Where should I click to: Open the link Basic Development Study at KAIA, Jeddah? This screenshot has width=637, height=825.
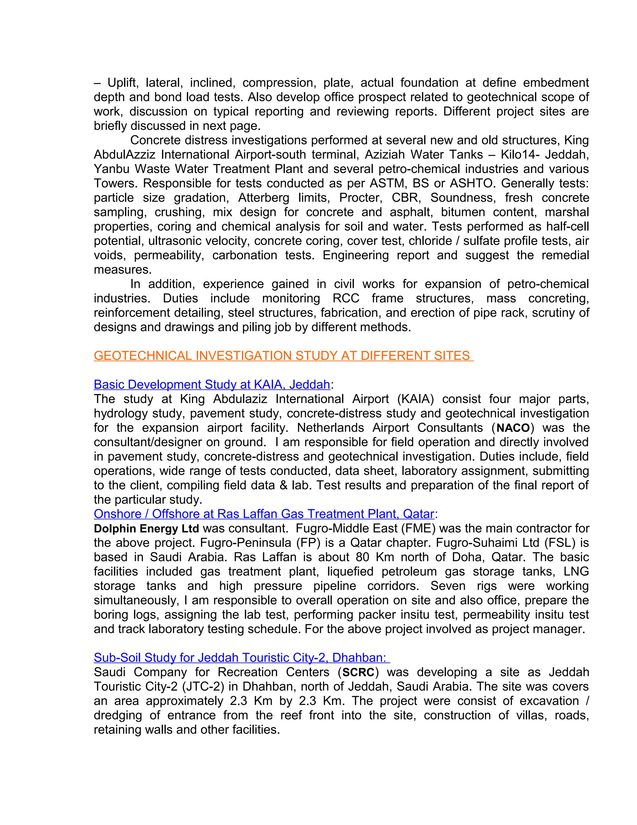pos(212,384)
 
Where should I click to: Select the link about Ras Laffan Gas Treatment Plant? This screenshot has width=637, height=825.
pos(264,514)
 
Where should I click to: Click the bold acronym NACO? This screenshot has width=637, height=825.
pos(513,428)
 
